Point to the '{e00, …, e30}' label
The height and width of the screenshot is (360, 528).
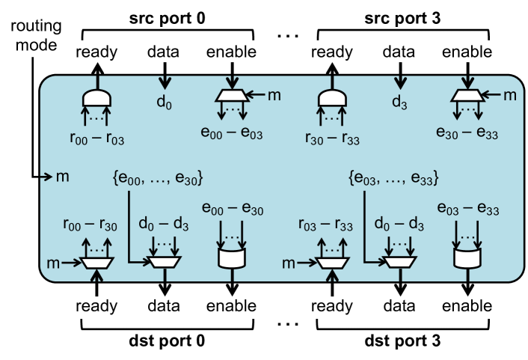coord(156,179)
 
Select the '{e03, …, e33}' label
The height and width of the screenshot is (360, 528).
coord(393,179)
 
